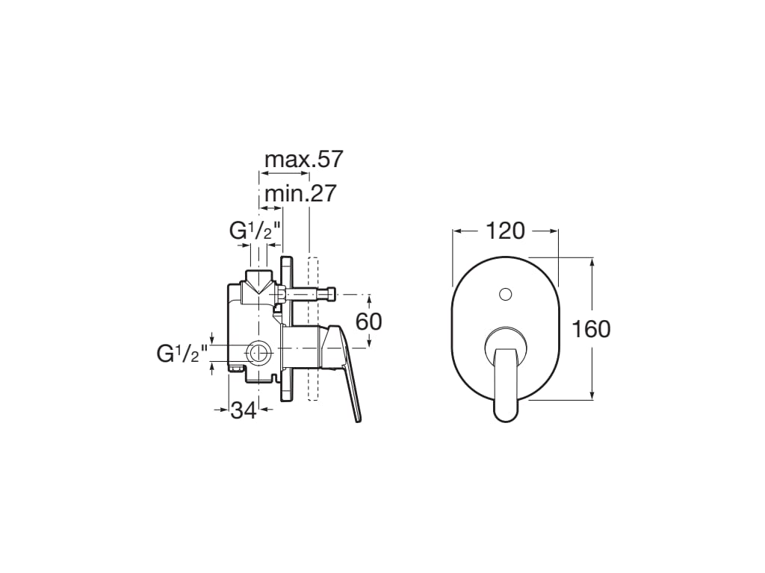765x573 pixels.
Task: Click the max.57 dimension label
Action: [x=303, y=159]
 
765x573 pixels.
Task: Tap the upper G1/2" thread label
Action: [x=255, y=231]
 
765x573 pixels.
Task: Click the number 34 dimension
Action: [x=244, y=410]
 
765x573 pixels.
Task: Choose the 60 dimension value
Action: [x=368, y=321]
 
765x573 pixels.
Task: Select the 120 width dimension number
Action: [x=506, y=231]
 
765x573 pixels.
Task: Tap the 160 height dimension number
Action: [x=591, y=328]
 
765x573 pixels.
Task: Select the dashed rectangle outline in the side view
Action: [x=313, y=328]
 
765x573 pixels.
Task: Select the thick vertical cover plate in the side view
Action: [x=286, y=328]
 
